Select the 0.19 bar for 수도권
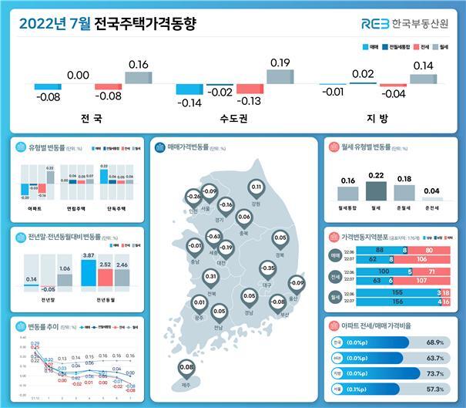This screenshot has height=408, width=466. (x=280, y=76)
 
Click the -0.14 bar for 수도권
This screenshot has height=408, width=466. (x=189, y=89)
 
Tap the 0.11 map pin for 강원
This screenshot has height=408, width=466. (x=256, y=187)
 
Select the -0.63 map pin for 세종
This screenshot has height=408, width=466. (x=214, y=236)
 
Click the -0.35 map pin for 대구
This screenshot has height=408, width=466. (x=267, y=269)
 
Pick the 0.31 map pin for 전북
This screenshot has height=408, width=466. (x=210, y=276)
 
